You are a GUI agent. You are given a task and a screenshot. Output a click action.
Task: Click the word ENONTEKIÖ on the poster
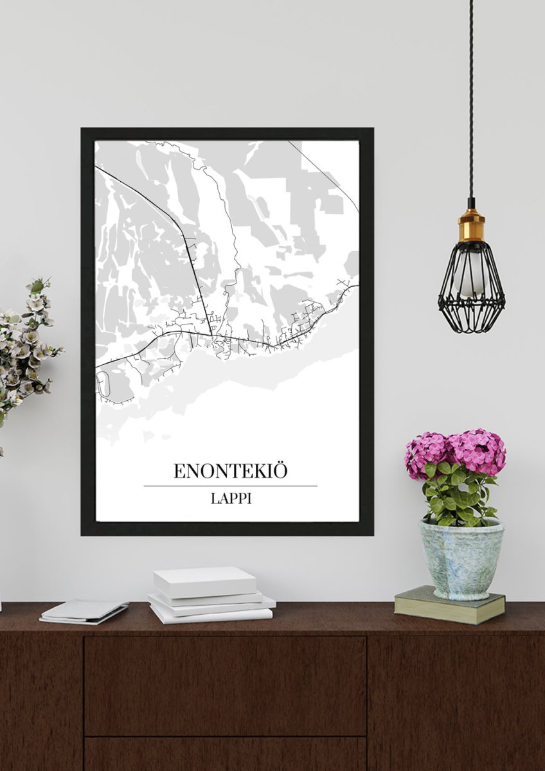(x=230, y=471)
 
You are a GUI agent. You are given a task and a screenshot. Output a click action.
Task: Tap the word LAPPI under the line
(x=230, y=498)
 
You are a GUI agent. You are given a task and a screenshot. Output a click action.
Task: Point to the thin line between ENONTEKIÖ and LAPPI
(x=230, y=486)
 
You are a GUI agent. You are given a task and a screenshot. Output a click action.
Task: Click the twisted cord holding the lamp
(x=471, y=96)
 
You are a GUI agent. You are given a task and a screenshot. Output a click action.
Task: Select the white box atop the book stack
(x=204, y=581)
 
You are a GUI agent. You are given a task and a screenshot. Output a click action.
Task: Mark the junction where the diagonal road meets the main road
(x=211, y=333)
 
